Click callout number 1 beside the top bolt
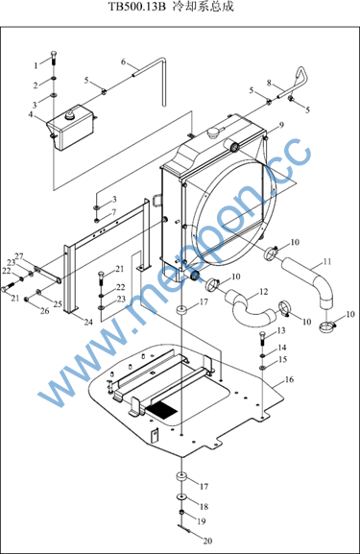[x=36, y=65]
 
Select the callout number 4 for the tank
[x=31, y=114]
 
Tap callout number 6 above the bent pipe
[x=123, y=61]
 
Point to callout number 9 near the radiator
[x=281, y=125]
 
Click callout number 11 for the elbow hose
[x=327, y=262]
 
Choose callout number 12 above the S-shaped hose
[x=264, y=292]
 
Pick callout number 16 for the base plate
[x=289, y=379]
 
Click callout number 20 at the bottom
[x=207, y=541]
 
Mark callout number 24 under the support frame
[x=88, y=322]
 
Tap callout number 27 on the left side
[x=19, y=255]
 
